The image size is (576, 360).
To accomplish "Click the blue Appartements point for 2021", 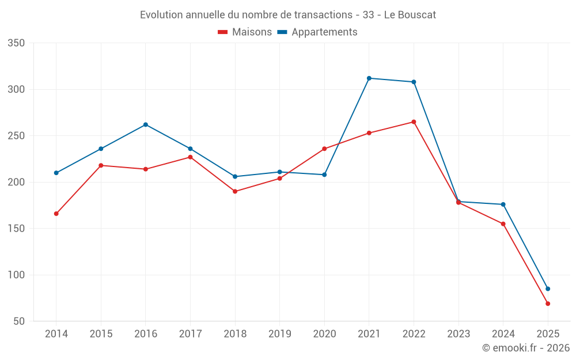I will pyautogui.click(x=369, y=78).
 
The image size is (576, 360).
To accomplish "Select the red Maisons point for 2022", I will pyautogui.click(x=414, y=122).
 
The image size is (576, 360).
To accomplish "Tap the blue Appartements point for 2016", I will pyautogui.click(x=145, y=124).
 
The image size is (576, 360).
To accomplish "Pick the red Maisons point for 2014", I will pyautogui.click(x=56, y=214).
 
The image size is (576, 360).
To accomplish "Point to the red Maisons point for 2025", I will pyautogui.click(x=548, y=304).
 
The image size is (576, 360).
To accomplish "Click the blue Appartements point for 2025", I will pyautogui.click(x=548, y=289).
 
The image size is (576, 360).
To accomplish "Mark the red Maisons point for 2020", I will pyautogui.click(x=324, y=149).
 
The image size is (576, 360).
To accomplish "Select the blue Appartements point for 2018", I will pyautogui.click(x=235, y=176).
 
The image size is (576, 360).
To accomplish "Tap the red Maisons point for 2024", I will pyautogui.click(x=503, y=224).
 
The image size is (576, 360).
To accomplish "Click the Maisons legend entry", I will pyautogui.click(x=245, y=32).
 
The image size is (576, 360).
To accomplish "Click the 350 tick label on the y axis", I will pyautogui.click(x=17, y=43).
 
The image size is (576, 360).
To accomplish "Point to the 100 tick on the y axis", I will pyautogui.click(x=17, y=275).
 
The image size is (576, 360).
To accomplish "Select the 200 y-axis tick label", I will pyautogui.click(x=17, y=182).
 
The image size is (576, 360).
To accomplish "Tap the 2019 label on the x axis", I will pyautogui.click(x=279, y=334).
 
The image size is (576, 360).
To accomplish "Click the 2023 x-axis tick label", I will pyautogui.click(x=458, y=334).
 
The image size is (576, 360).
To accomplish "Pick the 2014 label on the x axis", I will pyautogui.click(x=56, y=334).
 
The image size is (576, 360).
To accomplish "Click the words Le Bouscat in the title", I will pyautogui.click(x=410, y=15).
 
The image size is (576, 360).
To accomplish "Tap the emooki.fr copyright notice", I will pyautogui.click(x=525, y=348).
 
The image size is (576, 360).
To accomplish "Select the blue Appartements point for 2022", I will pyautogui.click(x=414, y=82).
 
